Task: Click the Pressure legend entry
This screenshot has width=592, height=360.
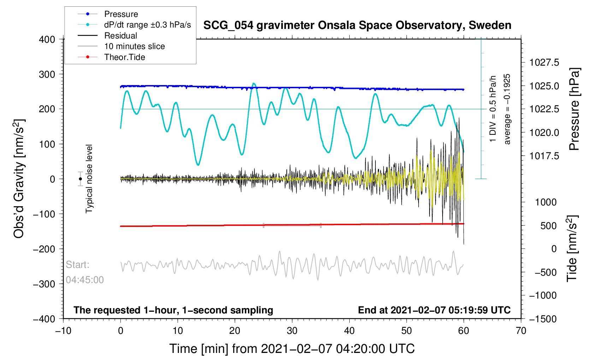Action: pos(121,14)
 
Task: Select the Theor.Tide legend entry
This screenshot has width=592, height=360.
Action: pos(124,57)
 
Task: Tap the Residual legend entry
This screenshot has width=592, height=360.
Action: pos(120,36)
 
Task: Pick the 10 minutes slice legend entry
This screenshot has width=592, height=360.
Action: pos(134,46)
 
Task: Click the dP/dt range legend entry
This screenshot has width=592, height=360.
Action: pos(147,25)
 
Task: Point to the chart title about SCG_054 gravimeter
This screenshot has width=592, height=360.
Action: pos(357,25)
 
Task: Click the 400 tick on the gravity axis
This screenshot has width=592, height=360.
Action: pos(47,40)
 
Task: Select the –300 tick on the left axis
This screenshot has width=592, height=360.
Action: pos(44,284)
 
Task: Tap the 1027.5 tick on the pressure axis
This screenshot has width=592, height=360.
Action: pos(544,63)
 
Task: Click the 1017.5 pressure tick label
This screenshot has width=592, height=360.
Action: pos(544,156)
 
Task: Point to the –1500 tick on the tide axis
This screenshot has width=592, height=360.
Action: pos(543,319)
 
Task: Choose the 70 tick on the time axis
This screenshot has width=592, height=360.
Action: pos(521,331)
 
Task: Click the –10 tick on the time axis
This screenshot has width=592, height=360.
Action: pos(63,331)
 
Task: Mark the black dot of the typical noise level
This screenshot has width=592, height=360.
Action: pos(81,179)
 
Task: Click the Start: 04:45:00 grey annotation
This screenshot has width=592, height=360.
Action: pos(85,272)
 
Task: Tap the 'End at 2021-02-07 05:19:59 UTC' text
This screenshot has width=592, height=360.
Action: pos(434,310)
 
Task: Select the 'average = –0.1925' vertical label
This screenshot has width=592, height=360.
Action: pos(507,109)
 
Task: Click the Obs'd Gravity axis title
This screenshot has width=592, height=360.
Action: pos(19,179)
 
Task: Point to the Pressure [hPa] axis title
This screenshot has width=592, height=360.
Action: pos(574,109)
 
